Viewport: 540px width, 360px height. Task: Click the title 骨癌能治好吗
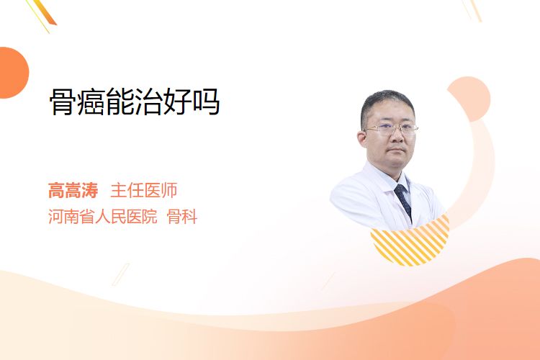click(x=135, y=102)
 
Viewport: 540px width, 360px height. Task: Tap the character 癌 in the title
click(x=91, y=102)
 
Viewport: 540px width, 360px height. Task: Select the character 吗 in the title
click(x=207, y=102)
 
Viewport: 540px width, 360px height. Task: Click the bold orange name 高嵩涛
click(x=73, y=191)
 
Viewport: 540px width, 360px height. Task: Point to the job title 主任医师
click(x=144, y=191)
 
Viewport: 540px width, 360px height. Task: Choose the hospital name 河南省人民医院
click(x=103, y=217)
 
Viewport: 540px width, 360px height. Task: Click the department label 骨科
click(x=182, y=217)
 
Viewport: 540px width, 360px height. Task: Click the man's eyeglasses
click(x=391, y=130)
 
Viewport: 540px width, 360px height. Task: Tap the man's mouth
click(x=397, y=150)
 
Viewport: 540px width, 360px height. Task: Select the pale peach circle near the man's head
click(x=470, y=99)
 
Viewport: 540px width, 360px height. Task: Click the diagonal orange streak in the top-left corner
click(x=43, y=14)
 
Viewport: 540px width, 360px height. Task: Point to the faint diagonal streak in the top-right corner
click(x=472, y=10)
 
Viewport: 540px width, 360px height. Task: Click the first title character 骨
click(x=63, y=102)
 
